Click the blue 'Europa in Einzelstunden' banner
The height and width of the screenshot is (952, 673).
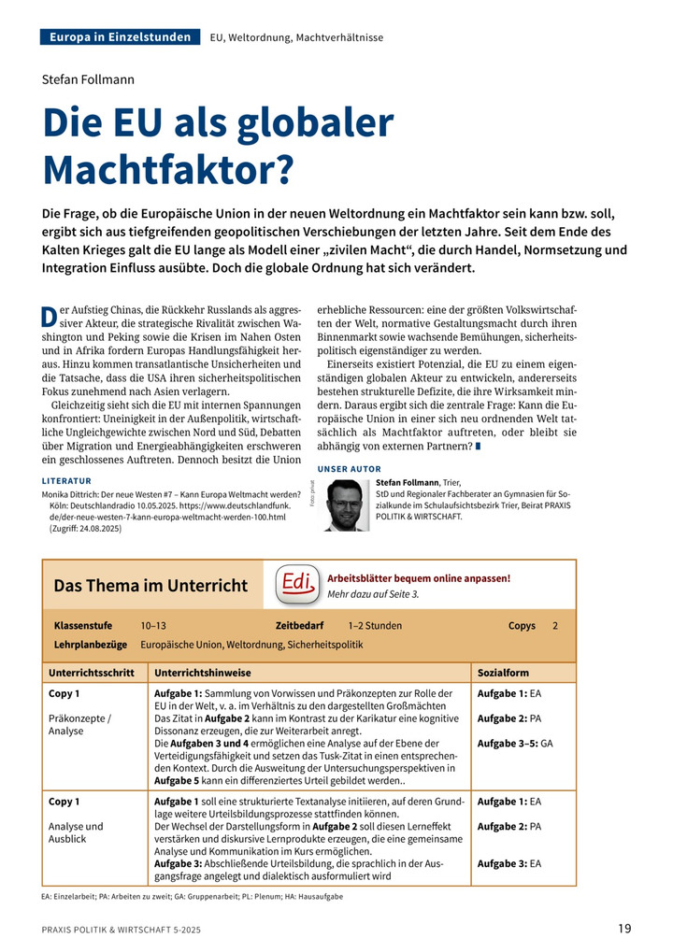(121, 37)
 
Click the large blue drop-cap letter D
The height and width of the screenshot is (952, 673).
(50, 317)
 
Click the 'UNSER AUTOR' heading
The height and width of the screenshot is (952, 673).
(350, 468)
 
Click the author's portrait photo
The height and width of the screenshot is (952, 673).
(347, 505)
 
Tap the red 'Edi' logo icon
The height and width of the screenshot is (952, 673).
(294, 585)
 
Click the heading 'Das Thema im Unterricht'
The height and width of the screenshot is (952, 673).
(150, 586)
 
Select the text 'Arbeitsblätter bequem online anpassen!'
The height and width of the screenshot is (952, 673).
(419, 577)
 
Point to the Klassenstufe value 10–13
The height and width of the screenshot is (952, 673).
(153, 625)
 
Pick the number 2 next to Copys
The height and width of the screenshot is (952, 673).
(555, 625)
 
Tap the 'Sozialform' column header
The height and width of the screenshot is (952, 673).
(503, 672)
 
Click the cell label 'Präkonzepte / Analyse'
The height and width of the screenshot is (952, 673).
(79, 724)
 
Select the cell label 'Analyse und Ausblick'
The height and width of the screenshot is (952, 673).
(76, 833)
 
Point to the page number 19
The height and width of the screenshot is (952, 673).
(624, 929)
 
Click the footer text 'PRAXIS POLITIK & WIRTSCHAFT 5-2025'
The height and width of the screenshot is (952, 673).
(121, 930)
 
